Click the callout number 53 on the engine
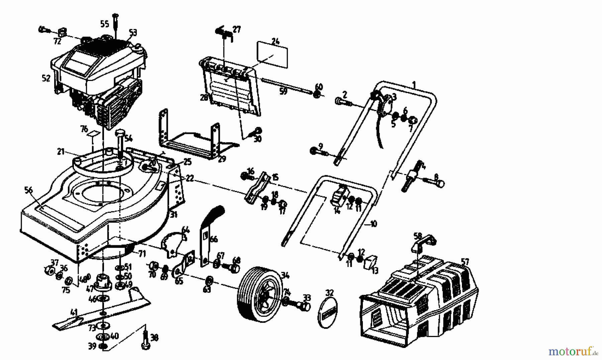133,33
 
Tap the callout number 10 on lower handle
373,223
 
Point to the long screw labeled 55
115,22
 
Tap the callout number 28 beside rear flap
204,97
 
